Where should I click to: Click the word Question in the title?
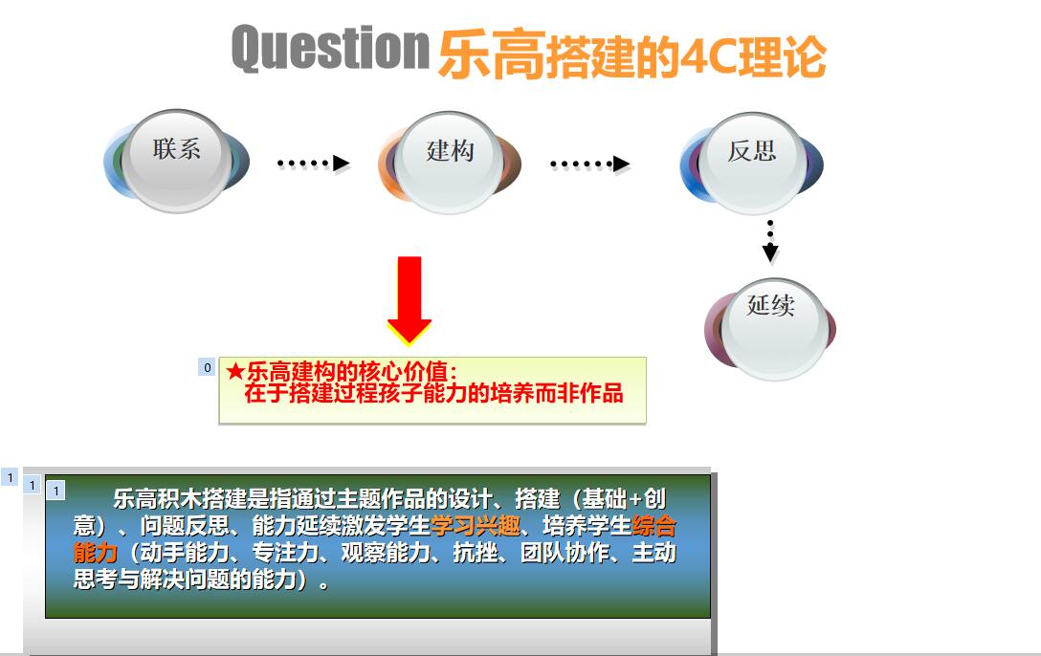331,48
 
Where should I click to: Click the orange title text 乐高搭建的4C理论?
632,55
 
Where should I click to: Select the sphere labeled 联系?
177,162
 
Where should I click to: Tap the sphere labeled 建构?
450,164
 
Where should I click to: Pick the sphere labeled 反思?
751,164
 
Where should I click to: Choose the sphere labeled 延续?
770,329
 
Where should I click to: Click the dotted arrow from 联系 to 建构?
314,164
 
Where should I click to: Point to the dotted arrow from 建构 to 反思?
589,164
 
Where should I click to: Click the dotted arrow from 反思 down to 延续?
770,241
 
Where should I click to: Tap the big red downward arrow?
409,300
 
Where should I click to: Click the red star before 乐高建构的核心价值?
235,371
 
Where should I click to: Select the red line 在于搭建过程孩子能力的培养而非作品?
433,393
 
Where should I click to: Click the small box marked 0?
207,367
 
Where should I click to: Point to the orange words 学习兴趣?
476,526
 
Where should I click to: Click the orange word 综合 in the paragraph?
653,526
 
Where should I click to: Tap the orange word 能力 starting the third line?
96,553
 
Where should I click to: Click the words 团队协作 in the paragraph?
565,553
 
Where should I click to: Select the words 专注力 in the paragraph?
285,553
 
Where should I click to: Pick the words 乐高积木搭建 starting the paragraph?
180,499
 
